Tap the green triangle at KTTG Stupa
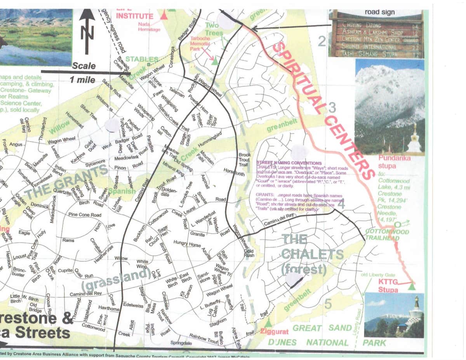pos(412,287)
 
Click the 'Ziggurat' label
pos(274,332)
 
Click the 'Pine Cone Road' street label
pos(84,215)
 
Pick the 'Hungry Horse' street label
pos(187,244)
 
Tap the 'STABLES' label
pos(142,59)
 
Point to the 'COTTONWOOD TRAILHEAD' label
pos(387,235)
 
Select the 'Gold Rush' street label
pos(249,254)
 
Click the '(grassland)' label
pos(116,280)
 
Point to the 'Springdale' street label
pos(181,343)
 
